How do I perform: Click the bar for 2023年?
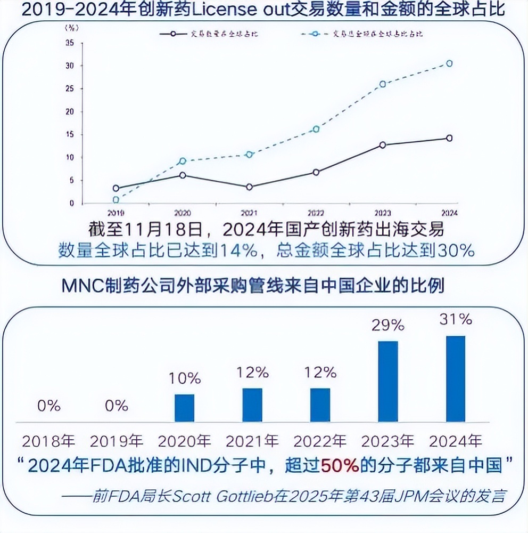tap(387, 382)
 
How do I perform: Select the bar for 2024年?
tap(455, 379)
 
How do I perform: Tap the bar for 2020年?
tap(184, 408)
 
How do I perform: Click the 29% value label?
tap(388, 325)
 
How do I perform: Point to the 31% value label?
tap(456, 319)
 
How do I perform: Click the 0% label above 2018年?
tap(49, 406)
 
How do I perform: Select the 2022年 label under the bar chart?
tap(320, 441)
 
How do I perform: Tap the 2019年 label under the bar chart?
tap(117, 441)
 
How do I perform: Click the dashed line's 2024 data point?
tap(449, 63)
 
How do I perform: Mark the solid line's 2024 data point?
tap(449, 138)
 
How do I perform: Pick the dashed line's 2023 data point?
tap(382, 84)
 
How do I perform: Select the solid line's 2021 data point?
tap(250, 187)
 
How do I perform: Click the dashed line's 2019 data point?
tap(116, 200)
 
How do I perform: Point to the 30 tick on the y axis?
tap(70, 66)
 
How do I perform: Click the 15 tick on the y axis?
tap(70, 134)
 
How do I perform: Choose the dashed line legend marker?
tap(317, 34)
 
